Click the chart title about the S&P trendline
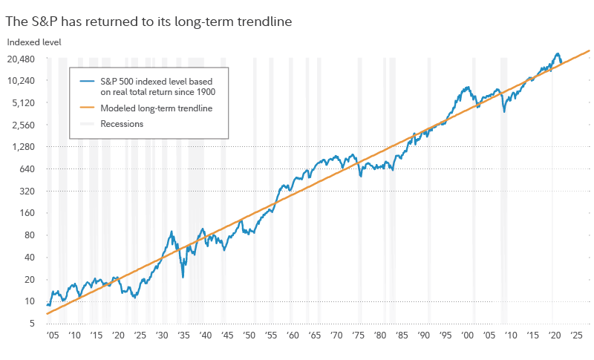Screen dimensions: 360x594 (x=148, y=22)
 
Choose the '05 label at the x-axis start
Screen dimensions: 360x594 (x=50, y=336)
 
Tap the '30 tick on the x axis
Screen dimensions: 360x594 (x=161, y=336)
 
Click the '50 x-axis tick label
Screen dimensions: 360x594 (x=249, y=336)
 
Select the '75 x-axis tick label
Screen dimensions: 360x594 (x=358, y=336)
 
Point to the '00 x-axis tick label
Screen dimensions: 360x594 (x=467, y=336)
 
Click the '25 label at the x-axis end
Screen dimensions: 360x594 (x=576, y=336)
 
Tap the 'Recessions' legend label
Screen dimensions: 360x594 (x=123, y=124)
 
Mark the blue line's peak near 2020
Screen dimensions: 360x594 (x=557, y=53)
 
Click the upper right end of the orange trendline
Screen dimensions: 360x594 (x=589, y=50)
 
